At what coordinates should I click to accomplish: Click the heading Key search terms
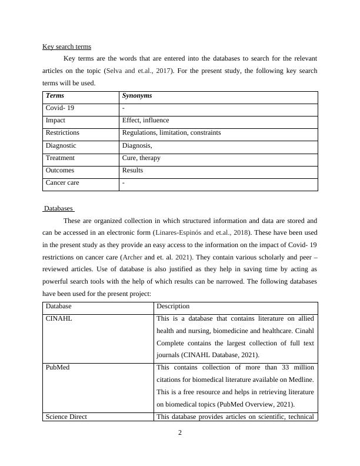point(66,46)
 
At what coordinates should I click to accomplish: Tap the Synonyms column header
point(137,96)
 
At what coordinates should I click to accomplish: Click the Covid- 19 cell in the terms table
point(60,108)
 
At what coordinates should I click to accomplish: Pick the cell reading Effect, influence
point(145,121)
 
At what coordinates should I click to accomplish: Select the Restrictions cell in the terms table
point(62,133)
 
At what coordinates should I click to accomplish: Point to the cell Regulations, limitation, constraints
point(171,133)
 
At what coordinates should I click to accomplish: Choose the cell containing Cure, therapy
point(141,158)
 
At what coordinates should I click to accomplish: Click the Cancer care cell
point(62,182)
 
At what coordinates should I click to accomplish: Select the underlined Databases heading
point(59,208)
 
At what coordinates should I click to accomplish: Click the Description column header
point(173,306)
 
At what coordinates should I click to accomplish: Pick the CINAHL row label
point(59,318)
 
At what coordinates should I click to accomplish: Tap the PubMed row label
point(59,367)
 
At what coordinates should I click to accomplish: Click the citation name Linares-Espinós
point(179,232)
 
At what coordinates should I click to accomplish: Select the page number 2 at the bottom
point(180,434)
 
